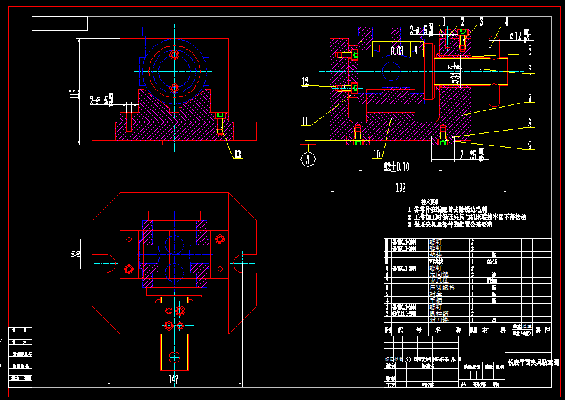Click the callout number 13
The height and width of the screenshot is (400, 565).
tap(237, 154)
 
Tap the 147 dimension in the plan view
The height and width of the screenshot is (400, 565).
tap(173, 379)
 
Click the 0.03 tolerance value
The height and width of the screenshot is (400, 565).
tap(396, 51)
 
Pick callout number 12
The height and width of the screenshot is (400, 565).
tap(305, 82)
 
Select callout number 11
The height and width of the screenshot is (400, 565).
tap(305, 120)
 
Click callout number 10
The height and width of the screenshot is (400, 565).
tap(377, 154)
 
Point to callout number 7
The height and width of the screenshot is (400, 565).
tap(529, 98)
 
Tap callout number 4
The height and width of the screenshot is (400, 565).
tap(507, 21)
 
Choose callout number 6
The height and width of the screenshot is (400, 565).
tap(529, 69)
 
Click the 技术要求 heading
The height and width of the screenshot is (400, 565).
tap(431, 201)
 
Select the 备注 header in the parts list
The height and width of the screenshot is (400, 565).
tap(543, 331)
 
